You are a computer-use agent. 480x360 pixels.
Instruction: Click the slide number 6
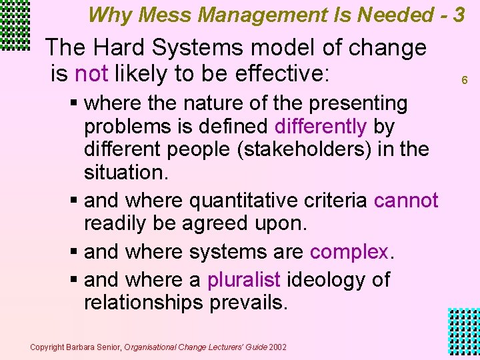465,80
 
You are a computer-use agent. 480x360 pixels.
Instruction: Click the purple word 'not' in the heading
91,73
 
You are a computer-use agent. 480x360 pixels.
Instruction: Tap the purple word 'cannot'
406,201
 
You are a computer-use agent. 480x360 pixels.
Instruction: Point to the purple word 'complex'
349,252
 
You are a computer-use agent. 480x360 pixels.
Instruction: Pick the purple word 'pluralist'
244,279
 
